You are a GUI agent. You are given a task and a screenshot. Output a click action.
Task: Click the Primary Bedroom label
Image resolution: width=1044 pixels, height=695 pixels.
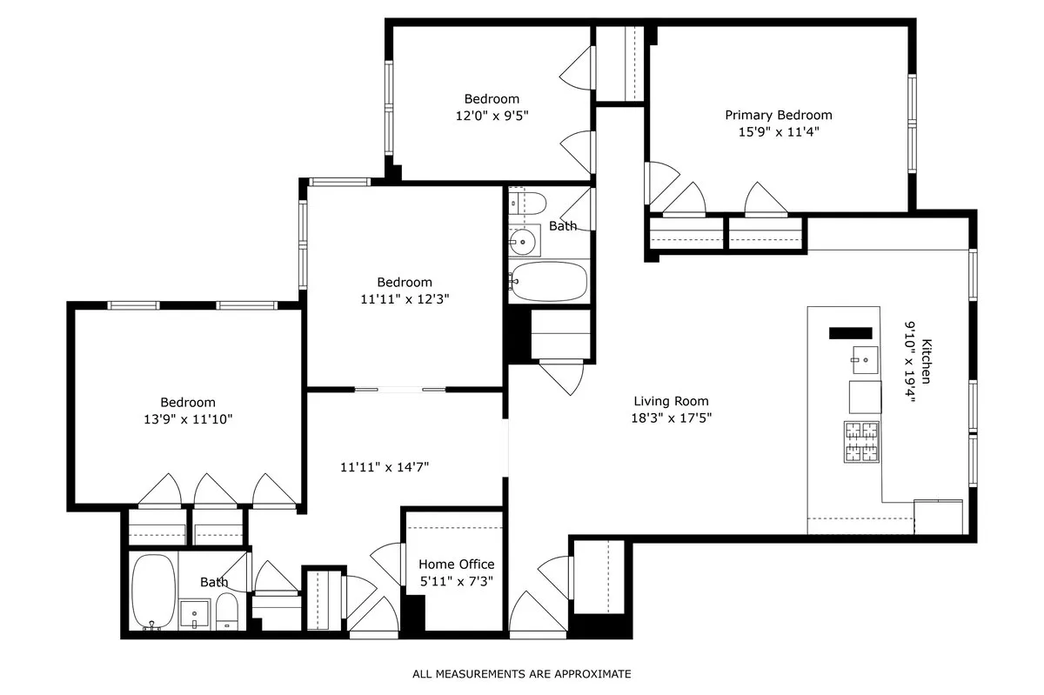tap(778, 115)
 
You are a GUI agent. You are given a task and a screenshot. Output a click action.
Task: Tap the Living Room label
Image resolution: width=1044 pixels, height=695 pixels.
tap(670, 401)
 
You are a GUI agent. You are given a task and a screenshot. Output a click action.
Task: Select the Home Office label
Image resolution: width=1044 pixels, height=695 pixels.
tap(456, 565)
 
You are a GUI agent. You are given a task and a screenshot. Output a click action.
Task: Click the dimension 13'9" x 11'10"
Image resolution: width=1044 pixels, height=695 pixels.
tap(187, 419)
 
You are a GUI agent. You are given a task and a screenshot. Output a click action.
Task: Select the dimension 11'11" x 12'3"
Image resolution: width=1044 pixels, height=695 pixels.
tap(405, 298)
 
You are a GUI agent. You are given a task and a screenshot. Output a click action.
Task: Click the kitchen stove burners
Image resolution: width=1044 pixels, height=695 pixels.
tap(862, 441)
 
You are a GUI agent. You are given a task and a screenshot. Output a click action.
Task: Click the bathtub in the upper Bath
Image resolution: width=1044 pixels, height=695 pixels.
tap(548, 280)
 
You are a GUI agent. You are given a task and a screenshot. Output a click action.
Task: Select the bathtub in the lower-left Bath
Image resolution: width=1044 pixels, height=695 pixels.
tap(154, 591)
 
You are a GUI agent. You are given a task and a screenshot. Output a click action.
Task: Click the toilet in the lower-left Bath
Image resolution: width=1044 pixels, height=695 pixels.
tap(227, 612)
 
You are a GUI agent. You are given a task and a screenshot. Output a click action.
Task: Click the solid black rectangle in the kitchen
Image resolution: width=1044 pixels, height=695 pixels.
tap(850, 332)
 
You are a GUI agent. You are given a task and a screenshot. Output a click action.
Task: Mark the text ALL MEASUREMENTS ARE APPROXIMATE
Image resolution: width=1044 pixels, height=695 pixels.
tap(521, 673)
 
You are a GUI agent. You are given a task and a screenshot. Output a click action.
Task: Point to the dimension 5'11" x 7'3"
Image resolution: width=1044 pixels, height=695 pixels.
tap(456, 581)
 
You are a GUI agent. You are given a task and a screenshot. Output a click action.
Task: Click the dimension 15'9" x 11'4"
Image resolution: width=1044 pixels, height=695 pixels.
tap(778, 132)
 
